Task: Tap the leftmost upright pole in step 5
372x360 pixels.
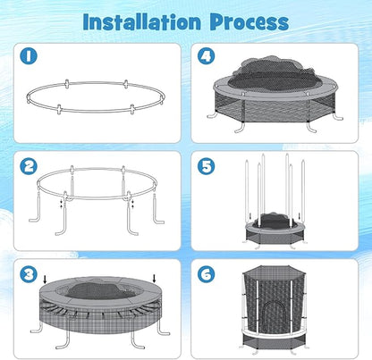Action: (246, 187)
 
